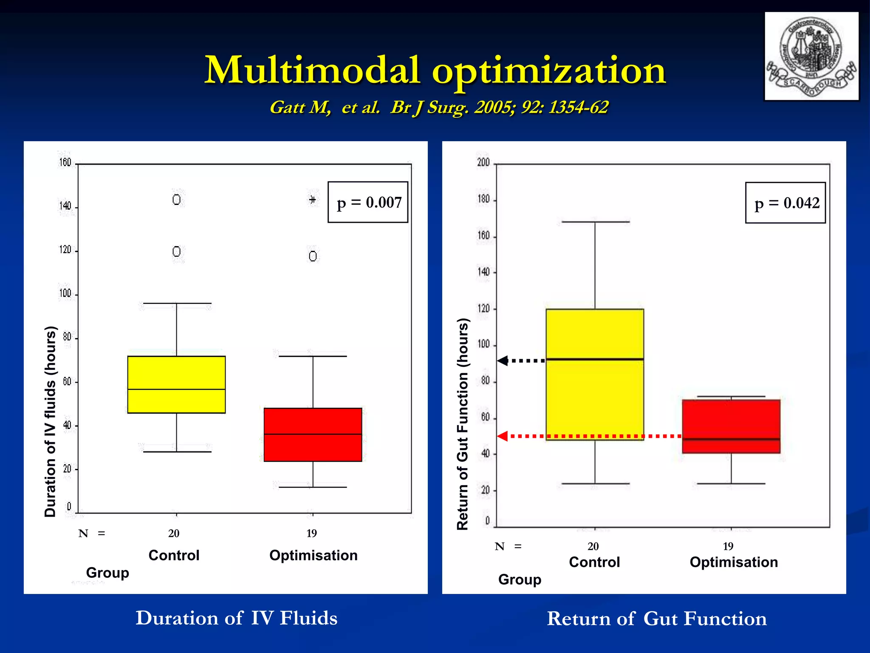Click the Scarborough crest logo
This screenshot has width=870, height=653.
(811, 56)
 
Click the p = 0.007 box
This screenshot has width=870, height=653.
(368, 202)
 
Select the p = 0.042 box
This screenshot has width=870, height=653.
(785, 203)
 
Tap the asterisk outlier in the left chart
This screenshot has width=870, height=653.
(313, 199)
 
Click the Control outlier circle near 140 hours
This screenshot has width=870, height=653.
(176, 199)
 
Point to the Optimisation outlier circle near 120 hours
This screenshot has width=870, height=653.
(313, 256)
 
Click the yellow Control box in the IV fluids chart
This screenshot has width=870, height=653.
(176, 374)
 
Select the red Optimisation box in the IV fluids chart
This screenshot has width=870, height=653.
(313, 446)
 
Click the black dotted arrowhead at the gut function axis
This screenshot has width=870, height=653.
(503, 361)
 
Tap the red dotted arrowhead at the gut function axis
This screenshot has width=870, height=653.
(503, 436)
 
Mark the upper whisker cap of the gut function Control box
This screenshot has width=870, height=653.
(595, 222)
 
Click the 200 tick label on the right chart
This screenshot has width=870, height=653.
(483, 162)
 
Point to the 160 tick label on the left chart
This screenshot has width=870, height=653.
(65, 162)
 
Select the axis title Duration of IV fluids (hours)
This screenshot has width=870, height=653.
(50, 421)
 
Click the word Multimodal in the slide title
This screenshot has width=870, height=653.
(312, 70)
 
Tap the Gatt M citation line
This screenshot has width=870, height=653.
(439, 107)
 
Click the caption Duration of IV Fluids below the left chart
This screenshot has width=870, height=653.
(236, 618)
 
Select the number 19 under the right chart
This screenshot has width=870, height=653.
(728, 546)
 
